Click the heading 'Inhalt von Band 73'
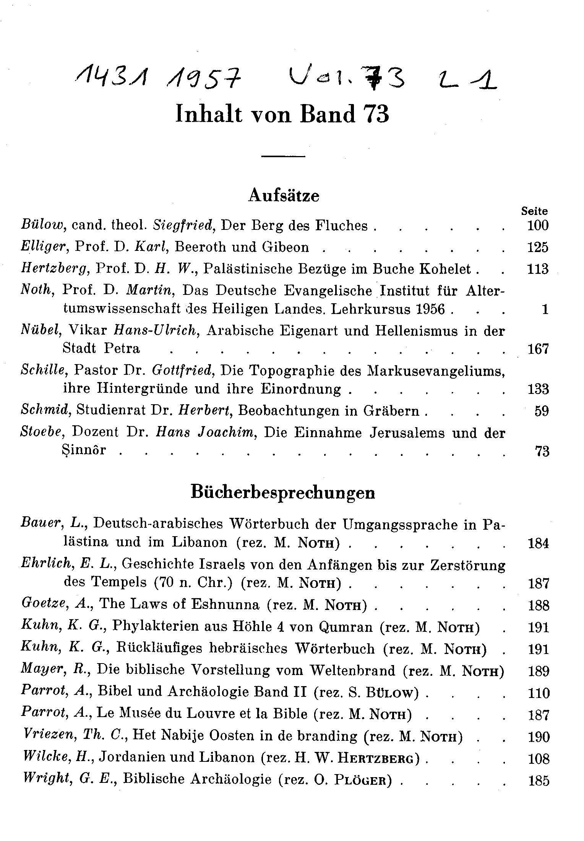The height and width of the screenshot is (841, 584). pos(282,114)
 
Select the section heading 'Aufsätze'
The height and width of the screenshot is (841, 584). pos(284,196)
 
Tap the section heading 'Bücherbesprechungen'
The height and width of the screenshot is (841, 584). pos(283,493)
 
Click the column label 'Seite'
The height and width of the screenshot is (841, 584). pos(534,211)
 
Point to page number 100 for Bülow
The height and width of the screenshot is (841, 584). pos(538,226)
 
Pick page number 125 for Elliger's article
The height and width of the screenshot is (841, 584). pos(538,247)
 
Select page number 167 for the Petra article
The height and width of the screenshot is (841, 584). pos(538,349)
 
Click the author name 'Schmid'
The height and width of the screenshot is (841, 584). pos(45,411)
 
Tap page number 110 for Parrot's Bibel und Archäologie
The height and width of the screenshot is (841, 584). pos(538,693)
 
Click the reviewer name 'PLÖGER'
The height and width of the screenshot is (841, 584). pos(363,780)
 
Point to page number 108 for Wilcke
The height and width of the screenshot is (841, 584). pos(538,758)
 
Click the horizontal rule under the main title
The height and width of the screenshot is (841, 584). pos(283,156)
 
